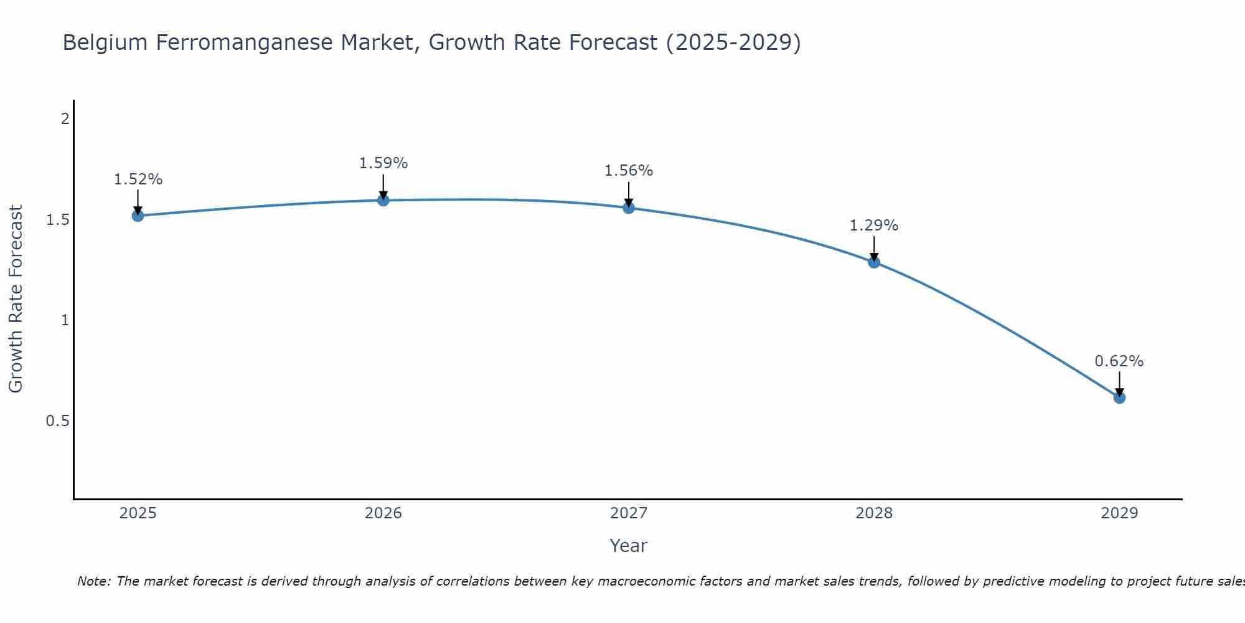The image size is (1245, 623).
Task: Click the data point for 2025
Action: click(x=138, y=216)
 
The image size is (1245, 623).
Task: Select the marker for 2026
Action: click(x=383, y=200)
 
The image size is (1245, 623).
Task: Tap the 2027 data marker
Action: click(x=629, y=207)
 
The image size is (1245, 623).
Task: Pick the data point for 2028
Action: click(x=874, y=262)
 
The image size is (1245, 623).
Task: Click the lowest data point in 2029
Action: click(x=1119, y=397)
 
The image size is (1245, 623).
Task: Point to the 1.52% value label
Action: click(x=138, y=179)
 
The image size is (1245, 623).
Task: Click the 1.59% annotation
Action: click(x=383, y=163)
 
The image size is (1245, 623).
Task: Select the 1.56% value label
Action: click(x=629, y=171)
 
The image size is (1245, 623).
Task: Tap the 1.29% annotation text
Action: click(x=874, y=226)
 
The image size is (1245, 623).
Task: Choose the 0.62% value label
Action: click(x=1119, y=361)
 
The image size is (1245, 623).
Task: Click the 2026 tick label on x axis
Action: click(x=383, y=513)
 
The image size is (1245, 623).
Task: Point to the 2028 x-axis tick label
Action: click(x=874, y=513)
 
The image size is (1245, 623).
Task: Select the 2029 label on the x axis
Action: click(x=1119, y=513)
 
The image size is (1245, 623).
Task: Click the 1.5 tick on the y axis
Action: click(x=57, y=220)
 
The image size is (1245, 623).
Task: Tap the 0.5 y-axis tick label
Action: click(x=57, y=421)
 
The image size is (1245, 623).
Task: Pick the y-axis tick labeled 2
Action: click(x=65, y=118)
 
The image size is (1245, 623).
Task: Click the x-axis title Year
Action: click(x=629, y=546)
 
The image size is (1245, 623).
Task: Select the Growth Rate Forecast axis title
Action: click(x=16, y=298)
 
